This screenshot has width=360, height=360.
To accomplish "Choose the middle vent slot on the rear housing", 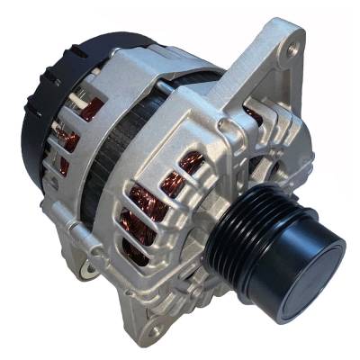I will pyautogui.click(x=67, y=136).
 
